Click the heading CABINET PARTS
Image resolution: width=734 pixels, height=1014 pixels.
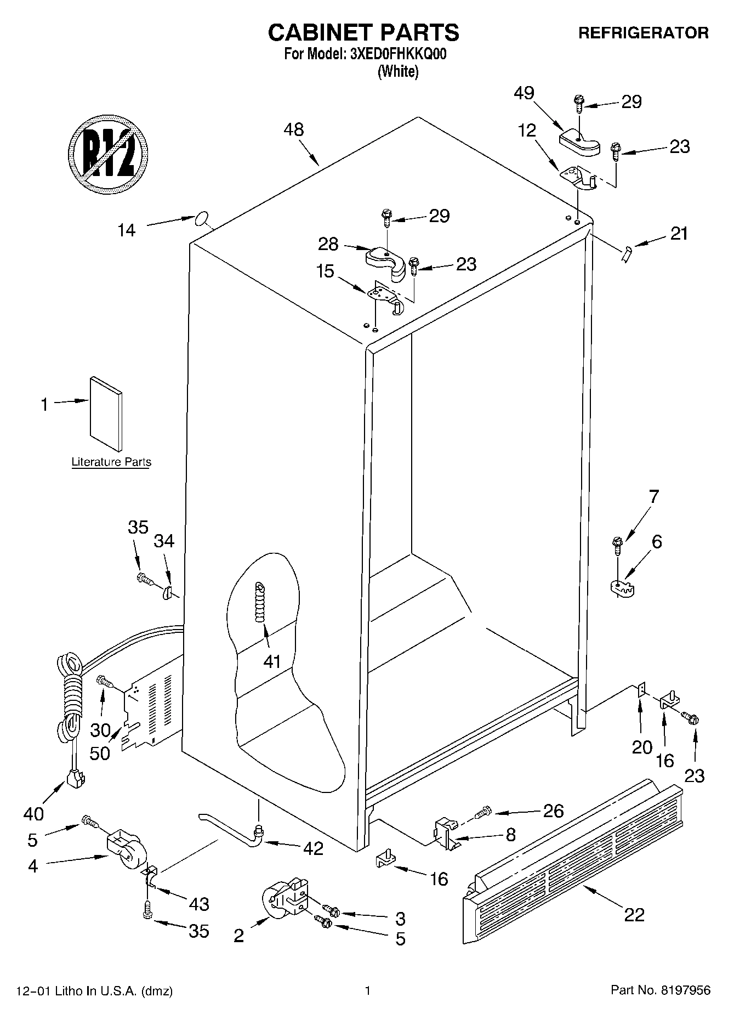pos(363,33)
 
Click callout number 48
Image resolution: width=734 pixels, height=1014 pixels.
pos(294,130)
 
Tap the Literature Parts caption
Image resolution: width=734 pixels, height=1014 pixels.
pos(111,462)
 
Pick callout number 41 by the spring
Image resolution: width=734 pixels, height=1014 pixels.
pos(272,661)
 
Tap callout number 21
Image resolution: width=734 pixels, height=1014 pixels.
pos(679,234)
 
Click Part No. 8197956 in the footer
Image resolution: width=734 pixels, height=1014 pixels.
pos(661,990)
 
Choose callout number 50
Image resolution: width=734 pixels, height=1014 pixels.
pos(100,753)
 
